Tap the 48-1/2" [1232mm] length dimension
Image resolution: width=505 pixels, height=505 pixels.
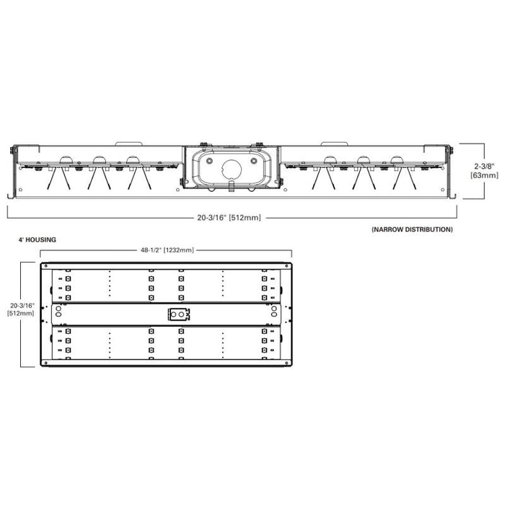166,250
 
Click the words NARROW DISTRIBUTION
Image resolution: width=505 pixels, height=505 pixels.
412,229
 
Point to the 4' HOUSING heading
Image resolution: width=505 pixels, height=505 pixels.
38,238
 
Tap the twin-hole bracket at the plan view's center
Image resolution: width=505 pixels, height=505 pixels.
178,314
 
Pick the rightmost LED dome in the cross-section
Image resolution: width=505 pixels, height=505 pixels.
397,159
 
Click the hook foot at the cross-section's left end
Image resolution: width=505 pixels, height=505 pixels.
9,195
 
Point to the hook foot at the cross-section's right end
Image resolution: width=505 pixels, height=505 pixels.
454,195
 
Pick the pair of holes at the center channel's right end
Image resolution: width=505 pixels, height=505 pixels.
274,315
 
